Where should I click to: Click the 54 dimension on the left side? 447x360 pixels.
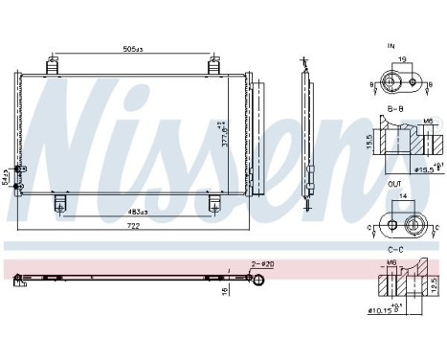(x=5, y=178)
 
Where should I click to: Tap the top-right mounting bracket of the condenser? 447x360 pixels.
(x=213, y=65)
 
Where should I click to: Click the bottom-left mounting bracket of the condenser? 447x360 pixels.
(x=59, y=203)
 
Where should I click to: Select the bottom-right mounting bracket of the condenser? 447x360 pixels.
(x=213, y=203)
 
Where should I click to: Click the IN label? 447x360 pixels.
(x=391, y=44)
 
